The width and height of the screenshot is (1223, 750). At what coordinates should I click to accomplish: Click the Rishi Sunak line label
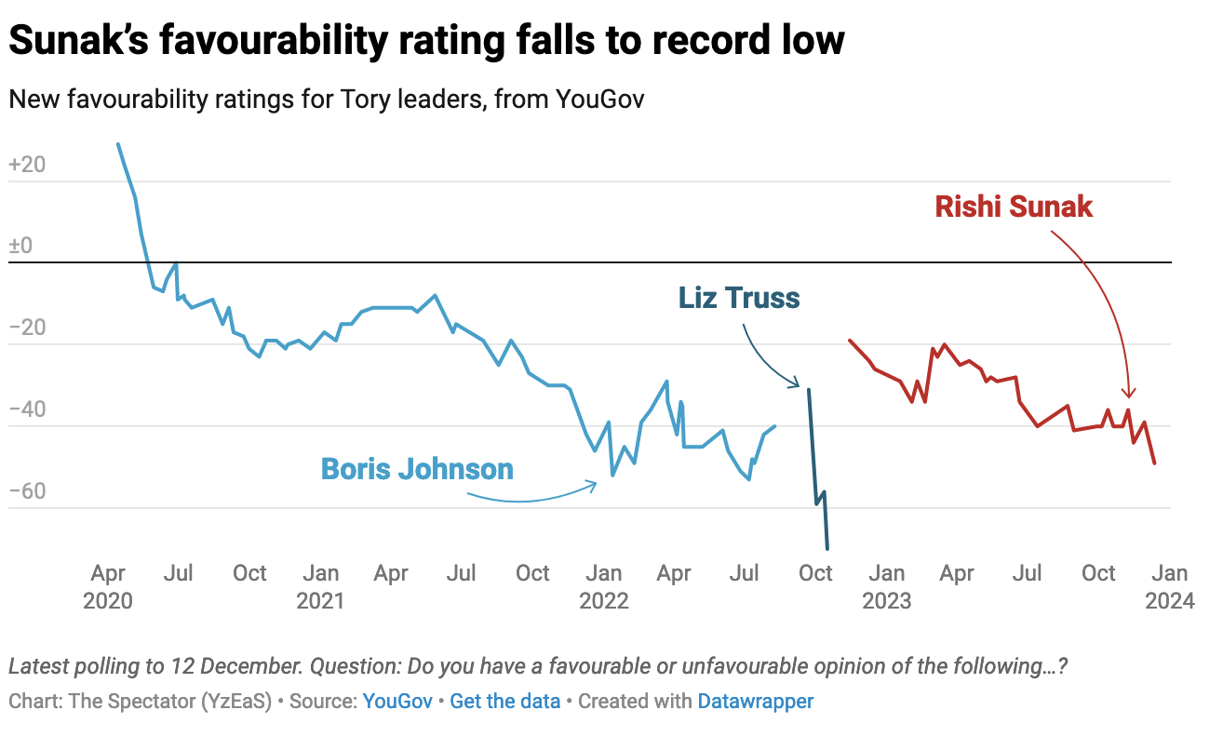pyautogui.click(x=1014, y=206)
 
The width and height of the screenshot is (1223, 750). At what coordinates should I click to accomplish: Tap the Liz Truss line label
pyautogui.click(x=739, y=298)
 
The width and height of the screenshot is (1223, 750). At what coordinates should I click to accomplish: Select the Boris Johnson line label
pyautogui.click(x=417, y=468)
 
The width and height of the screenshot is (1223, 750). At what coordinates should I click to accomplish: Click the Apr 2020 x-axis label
pyautogui.click(x=108, y=586)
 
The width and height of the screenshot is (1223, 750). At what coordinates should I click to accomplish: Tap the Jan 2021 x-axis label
pyautogui.click(x=320, y=586)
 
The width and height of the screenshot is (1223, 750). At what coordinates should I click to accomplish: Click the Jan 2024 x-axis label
pyautogui.click(x=1169, y=586)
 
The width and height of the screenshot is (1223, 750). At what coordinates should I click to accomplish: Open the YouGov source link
pyautogui.click(x=397, y=702)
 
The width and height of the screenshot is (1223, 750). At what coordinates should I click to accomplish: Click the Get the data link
pyautogui.click(x=504, y=702)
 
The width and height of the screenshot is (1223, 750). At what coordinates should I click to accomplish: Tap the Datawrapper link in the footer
pyautogui.click(x=755, y=702)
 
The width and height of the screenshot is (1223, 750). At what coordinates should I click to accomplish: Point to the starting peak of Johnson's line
pyautogui.click(x=118, y=144)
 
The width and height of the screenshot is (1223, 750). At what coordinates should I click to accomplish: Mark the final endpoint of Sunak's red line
pyautogui.click(x=1155, y=463)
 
